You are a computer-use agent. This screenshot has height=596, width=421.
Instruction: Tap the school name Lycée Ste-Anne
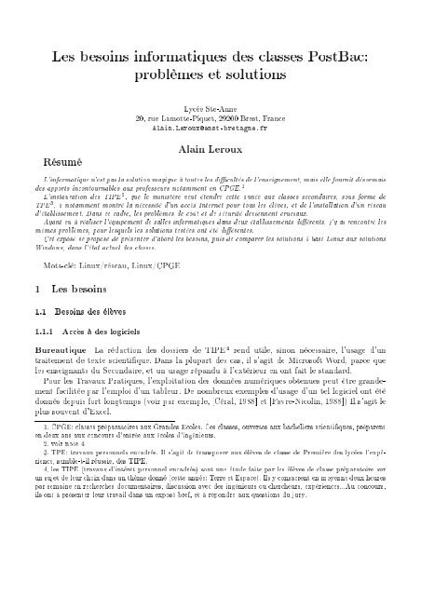coord(210,109)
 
